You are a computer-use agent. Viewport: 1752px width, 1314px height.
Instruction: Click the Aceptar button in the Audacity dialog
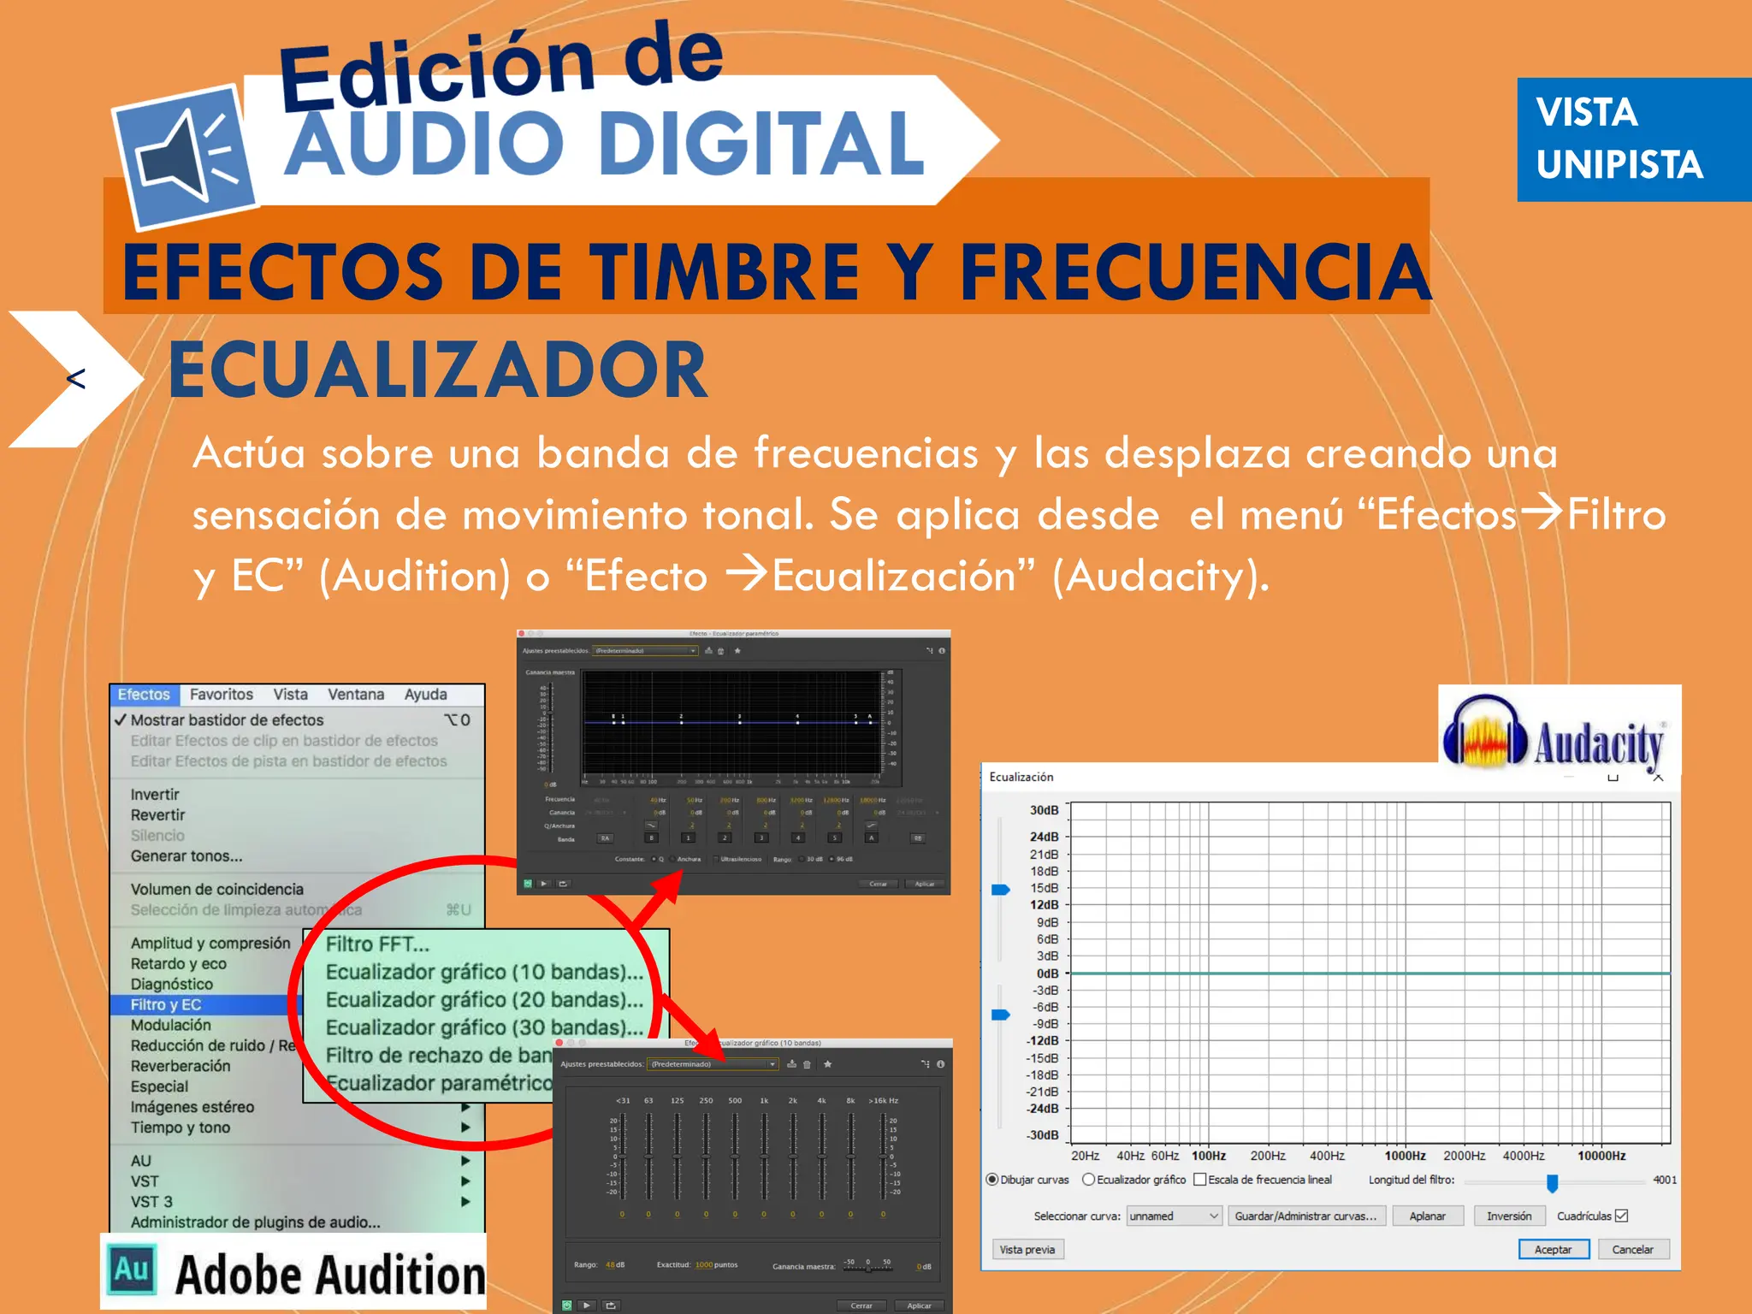(1553, 1250)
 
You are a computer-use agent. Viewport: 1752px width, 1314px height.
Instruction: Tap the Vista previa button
(1027, 1250)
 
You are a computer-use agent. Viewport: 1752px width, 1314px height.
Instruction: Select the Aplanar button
(1427, 1216)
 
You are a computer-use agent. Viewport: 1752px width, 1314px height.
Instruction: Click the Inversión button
(1508, 1216)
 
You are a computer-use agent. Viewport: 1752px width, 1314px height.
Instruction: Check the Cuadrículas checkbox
(1621, 1216)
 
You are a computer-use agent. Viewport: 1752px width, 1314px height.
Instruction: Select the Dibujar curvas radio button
(992, 1180)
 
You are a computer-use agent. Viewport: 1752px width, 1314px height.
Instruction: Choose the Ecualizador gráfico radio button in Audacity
(1088, 1180)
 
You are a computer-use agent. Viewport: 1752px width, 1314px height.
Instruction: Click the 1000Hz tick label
(1405, 1156)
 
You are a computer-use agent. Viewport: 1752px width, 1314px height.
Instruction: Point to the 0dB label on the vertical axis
(1047, 974)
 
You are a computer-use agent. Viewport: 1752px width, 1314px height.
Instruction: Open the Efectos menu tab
(144, 695)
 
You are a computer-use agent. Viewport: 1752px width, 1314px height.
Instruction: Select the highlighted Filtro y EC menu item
(166, 1004)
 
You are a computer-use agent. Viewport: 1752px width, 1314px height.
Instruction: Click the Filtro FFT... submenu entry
(377, 944)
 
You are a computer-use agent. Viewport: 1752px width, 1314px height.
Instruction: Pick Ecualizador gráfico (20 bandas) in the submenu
(483, 1000)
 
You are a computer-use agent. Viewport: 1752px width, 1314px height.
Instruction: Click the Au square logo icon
(132, 1270)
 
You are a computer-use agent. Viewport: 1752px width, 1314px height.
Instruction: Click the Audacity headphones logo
(1484, 732)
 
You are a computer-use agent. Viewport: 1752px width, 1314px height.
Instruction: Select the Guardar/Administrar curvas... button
(1305, 1216)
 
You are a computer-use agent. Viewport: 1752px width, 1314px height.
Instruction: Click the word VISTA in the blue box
(1586, 112)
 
